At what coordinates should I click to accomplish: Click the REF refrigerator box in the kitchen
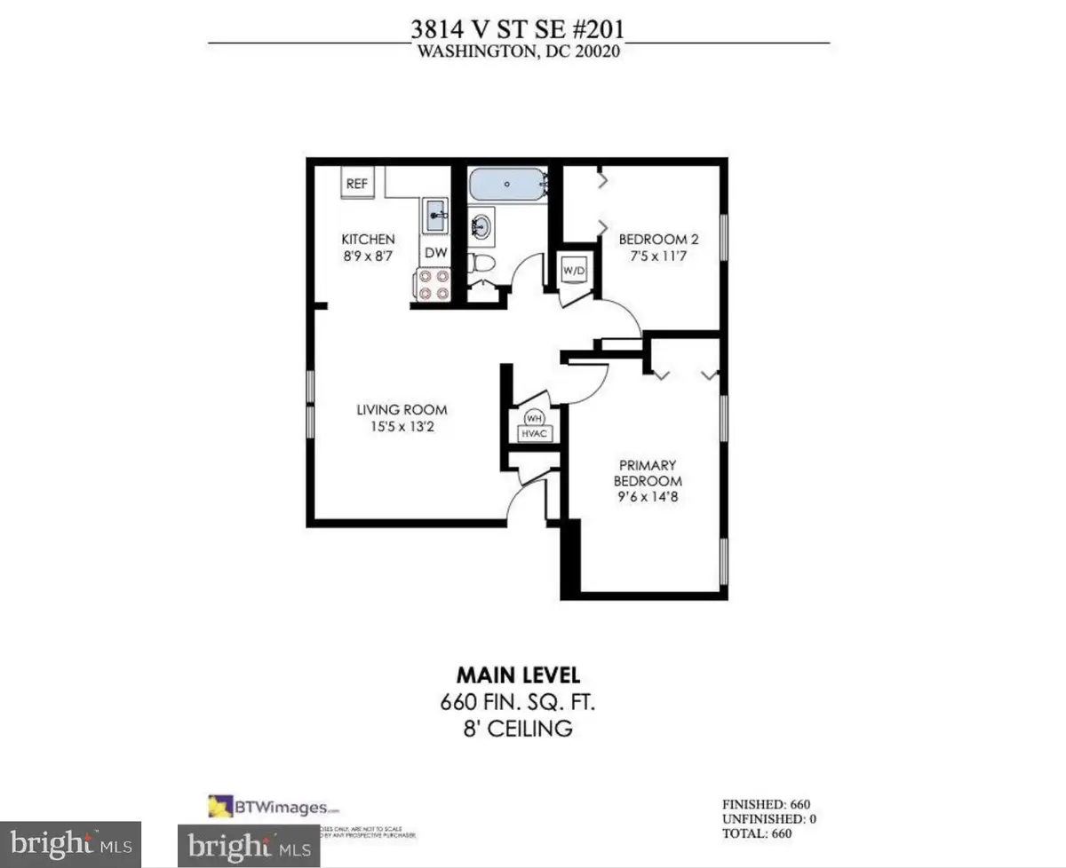coord(357,185)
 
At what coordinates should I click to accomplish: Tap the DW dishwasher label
coord(434,253)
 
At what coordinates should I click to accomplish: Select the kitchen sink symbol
coord(435,216)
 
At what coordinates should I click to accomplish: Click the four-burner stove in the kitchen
coord(431,286)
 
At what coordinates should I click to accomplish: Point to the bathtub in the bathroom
coord(506,185)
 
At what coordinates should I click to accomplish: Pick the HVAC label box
coord(536,433)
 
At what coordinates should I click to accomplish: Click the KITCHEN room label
coord(369,240)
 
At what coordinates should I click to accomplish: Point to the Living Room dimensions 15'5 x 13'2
coord(402,426)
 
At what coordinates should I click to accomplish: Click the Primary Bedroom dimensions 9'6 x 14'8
coord(649,497)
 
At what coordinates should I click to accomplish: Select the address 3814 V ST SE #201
coord(517,29)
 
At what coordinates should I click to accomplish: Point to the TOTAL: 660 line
coord(756,833)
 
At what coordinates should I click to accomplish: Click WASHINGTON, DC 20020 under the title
coord(518,51)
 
